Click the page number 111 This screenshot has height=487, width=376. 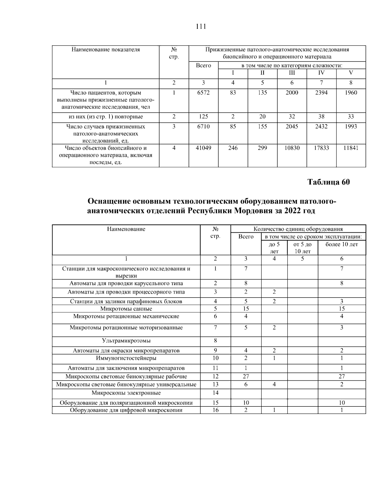(201, 27)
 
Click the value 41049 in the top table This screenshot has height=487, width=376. (203, 148)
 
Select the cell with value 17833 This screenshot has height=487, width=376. (321, 148)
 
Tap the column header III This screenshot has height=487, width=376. (292, 73)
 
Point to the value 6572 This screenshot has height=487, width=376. (203, 93)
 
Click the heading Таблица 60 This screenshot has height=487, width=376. (328, 182)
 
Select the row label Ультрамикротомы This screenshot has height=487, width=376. (126, 341)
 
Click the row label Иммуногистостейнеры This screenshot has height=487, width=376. (126, 358)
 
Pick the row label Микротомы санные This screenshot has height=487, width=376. (126, 309)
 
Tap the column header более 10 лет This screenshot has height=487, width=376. (342, 245)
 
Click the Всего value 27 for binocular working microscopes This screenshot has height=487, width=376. (246, 377)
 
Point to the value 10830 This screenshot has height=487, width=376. (292, 148)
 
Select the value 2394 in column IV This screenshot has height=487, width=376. (321, 93)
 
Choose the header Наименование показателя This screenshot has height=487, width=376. (106, 50)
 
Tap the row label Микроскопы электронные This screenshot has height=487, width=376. (126, 393)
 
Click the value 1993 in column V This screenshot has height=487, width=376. (351, 127)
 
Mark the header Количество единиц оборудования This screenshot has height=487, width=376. (298, 229)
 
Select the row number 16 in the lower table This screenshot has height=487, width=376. (215, 410)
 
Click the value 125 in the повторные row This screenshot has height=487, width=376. (203, 117)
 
